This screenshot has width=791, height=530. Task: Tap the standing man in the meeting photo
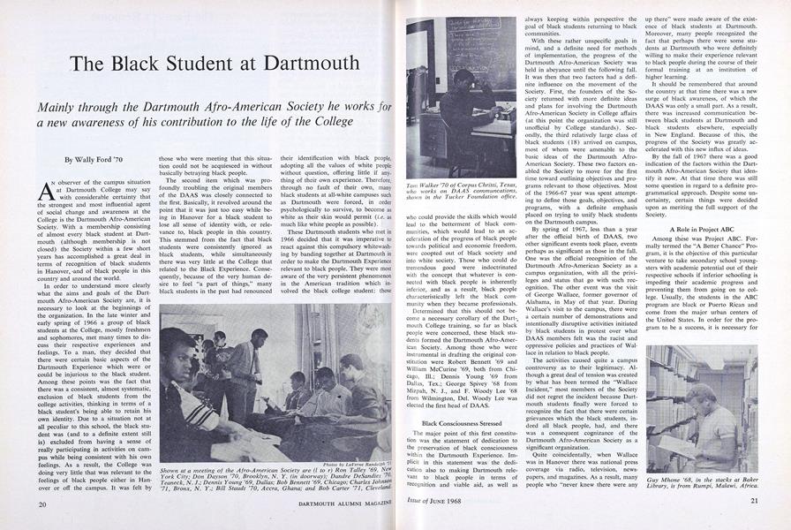point(243,353)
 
